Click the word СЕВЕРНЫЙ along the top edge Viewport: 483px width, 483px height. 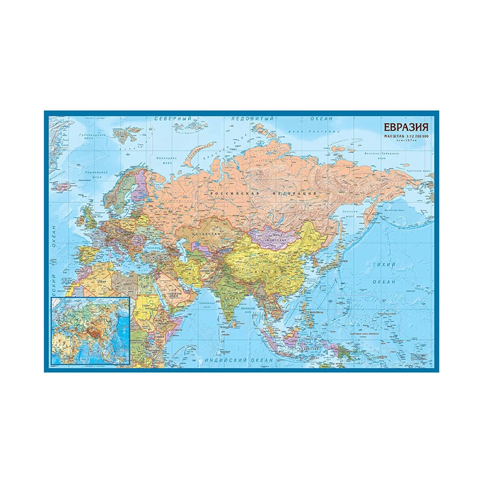point(170,118)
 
